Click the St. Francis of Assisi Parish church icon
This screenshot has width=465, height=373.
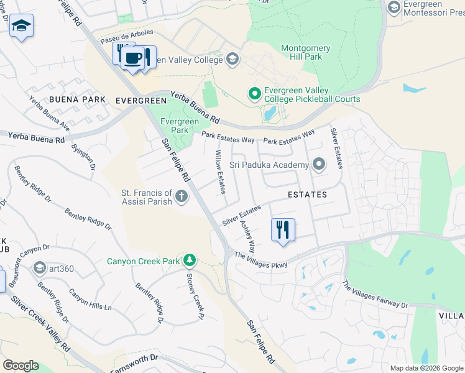[182, 197]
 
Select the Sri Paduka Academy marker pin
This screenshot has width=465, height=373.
[319, 165]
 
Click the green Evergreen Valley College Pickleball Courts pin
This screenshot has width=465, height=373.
[254, 94]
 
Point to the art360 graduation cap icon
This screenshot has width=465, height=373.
[40, 268]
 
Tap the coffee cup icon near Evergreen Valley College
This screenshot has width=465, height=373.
[132, 58]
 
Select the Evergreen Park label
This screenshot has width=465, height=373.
[174, 126]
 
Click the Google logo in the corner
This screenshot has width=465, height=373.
[21, 365]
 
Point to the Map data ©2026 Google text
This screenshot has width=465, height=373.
[426, 368]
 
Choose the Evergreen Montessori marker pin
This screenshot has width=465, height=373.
[394, 7]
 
